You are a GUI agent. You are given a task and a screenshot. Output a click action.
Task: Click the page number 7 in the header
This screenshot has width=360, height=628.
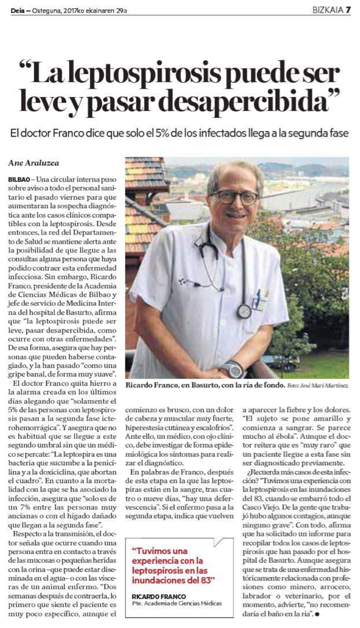347,9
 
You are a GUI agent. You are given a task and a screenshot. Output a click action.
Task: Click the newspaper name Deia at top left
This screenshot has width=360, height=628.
19,9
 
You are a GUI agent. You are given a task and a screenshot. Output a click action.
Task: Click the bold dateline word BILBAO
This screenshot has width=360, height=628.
19,179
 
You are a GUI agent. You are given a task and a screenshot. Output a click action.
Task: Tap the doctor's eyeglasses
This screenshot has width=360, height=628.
235,197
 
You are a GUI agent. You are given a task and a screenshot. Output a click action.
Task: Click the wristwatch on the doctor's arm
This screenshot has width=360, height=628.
231,368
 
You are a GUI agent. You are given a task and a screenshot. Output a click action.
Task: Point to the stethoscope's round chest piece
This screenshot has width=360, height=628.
244,311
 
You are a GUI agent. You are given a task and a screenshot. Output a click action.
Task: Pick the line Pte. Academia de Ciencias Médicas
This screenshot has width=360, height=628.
176,603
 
